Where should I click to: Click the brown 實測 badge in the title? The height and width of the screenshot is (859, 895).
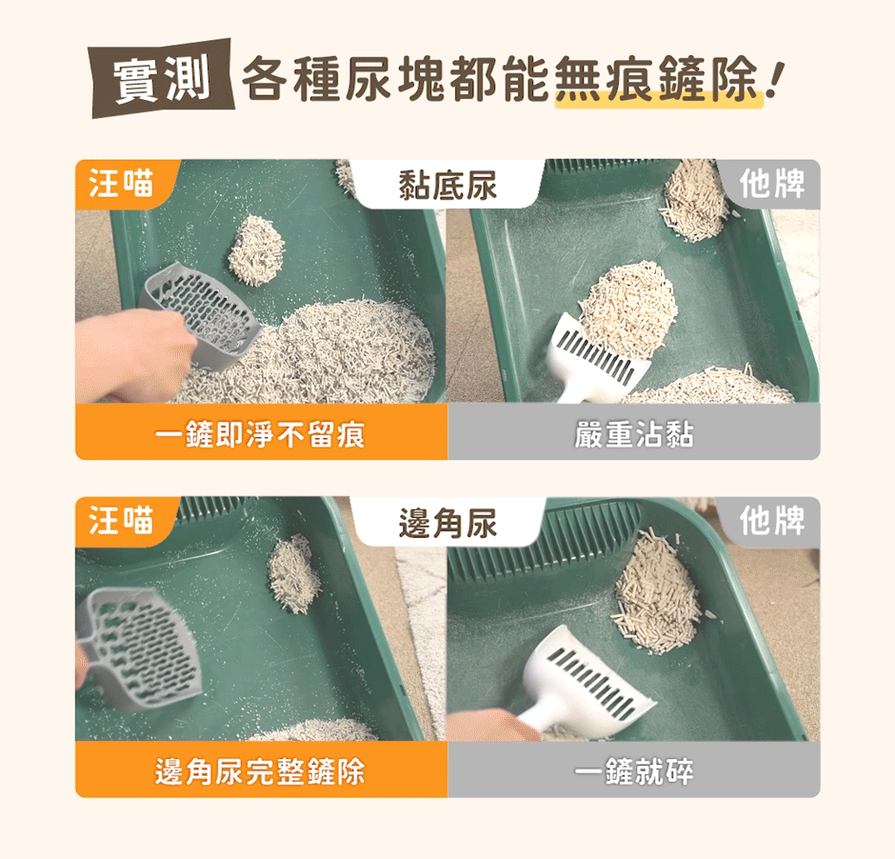click(163, 78)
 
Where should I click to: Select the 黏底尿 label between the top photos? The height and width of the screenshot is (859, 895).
click(447, 186)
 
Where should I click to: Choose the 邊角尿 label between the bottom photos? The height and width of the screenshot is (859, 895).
click(447, 523)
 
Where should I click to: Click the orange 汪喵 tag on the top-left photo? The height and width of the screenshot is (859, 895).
click(122, 184)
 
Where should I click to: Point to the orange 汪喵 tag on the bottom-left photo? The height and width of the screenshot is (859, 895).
click(122, 521)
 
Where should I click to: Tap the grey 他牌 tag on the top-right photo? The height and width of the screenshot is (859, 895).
click(772, 184)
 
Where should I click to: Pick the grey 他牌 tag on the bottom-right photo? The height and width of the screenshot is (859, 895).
click(772, 521)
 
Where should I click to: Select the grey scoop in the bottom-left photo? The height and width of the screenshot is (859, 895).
click(141, 649)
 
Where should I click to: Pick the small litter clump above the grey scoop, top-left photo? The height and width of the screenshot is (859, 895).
click(256, 250)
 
